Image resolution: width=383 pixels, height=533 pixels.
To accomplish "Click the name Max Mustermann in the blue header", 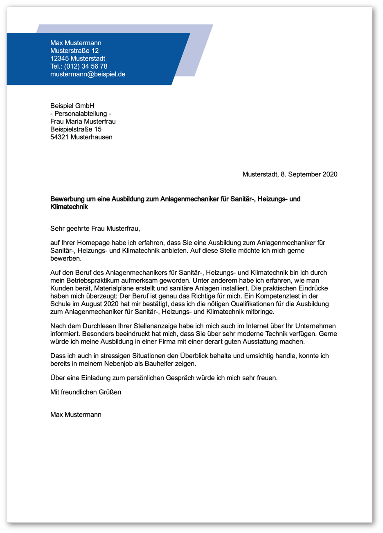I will (x=76, y=43).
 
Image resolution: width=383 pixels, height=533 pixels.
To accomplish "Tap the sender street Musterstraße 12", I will (x=74, y=51).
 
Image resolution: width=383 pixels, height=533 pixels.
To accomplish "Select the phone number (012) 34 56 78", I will (x=86, y=66).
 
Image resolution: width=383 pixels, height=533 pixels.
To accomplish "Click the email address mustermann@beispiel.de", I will (x=88, y=74).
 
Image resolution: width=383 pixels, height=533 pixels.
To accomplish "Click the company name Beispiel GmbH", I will (x=72, y=106).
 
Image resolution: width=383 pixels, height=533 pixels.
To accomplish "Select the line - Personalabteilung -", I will (x=81, y=114).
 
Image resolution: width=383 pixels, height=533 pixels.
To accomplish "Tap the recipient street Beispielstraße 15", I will (x=76, y=129).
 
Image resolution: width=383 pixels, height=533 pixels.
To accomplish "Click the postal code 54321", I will (x=59, y=137).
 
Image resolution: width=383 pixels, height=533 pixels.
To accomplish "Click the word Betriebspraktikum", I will (x=95, y=281).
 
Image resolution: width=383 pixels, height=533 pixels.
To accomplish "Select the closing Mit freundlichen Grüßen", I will (x=86, y=392).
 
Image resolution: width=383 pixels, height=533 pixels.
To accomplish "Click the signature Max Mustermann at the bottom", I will (x=76, y=415).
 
